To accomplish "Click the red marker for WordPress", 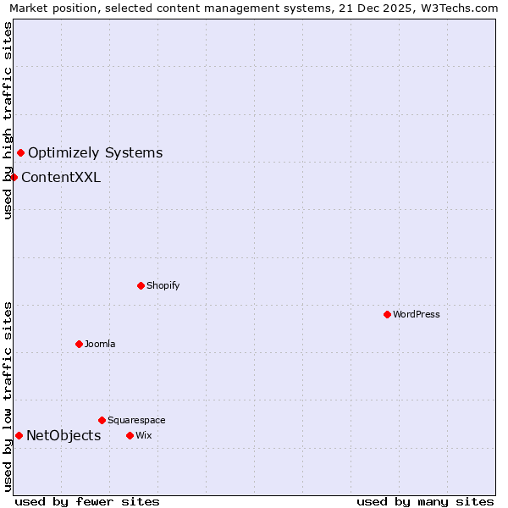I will tap(387, 314).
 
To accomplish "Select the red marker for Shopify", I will tap(141, 285).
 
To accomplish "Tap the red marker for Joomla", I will tap(79, 344).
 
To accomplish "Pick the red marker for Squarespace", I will tap(102, 420).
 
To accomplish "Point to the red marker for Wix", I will tap(130, 435).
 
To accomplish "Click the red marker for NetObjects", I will tap(19, 435).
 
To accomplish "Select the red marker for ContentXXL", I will tap(14, 177).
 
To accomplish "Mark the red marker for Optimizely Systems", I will tap(21, 152).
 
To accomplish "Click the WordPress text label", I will tap(417, 314).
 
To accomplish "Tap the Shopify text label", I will tap(163, 285).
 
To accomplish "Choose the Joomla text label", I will tap(100, 344).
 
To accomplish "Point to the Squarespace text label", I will tap(136, 420).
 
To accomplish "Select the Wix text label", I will tap(143, 435).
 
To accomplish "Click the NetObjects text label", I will tap(63, 435).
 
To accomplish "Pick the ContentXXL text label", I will tap(61, 177).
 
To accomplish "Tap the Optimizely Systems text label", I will tap(96, 152).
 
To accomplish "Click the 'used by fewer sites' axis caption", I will tap(87, 501).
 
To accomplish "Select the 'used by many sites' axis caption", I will tap(425, 501).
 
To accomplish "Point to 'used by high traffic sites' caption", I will tap(8, 120).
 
